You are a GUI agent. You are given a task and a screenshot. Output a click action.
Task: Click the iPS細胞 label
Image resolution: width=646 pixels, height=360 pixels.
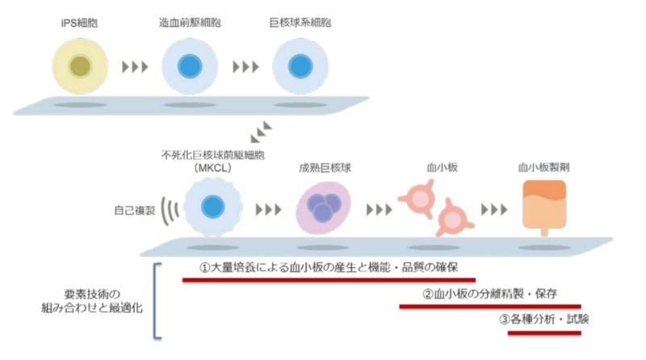tap(79, 23)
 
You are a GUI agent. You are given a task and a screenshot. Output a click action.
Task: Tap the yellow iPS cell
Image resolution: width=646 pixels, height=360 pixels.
tap(80, 66)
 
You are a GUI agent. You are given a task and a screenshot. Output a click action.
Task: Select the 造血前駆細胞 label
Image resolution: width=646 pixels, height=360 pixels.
tap(190, 23)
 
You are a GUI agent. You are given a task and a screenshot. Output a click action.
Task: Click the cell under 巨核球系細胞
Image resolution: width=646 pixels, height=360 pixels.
tap(300, 66)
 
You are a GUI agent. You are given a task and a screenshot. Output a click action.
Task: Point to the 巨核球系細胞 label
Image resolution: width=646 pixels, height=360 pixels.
tap(300, 23)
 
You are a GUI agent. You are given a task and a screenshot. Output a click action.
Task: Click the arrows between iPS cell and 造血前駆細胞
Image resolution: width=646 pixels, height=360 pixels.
tap(135, 67)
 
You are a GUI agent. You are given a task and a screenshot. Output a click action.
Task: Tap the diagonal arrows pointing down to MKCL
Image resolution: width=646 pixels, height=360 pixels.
tap(261, 132)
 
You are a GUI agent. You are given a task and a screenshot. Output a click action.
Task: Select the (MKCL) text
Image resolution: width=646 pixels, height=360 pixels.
tap(212, 168)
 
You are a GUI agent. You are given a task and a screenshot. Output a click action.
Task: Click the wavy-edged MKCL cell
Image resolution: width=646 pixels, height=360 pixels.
tap(212, 207)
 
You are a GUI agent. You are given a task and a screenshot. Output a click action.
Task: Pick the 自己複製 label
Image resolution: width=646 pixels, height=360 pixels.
tap(135, 211)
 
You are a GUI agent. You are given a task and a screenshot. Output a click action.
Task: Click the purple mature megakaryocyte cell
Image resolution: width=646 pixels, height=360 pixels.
tap(324, 207)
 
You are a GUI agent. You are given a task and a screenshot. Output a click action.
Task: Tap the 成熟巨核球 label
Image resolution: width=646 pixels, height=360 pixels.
tap(325, 168)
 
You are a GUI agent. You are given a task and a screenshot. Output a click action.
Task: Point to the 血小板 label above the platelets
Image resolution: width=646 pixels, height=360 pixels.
tap(442, 167)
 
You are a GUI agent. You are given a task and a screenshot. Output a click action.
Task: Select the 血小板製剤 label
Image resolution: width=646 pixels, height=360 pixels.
tap(543, 167)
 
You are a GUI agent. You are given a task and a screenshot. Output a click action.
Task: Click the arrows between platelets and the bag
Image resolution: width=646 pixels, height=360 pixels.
tap(494, 210)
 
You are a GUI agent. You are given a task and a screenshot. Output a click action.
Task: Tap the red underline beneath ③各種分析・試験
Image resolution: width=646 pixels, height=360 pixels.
tap(544, 333)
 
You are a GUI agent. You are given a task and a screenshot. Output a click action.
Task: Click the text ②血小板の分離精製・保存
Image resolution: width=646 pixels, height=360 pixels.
tap(490, 294)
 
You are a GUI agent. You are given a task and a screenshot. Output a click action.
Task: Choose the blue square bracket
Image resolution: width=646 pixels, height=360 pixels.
tap(157, 301)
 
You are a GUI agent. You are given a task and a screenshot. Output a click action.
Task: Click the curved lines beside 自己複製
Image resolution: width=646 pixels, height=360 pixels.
tap(170, 211)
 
